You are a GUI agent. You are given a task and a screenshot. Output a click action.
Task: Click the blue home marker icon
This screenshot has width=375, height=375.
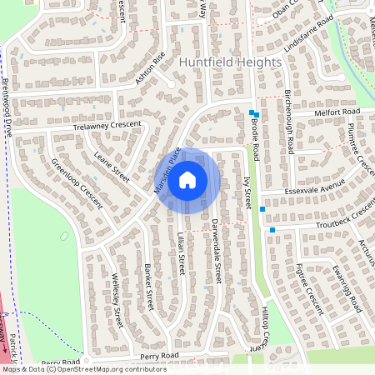(187, 179)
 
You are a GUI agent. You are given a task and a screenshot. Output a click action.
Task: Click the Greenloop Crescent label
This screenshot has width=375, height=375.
(77, 183)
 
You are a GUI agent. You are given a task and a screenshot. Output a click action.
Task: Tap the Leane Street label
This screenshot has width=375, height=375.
(112, 164)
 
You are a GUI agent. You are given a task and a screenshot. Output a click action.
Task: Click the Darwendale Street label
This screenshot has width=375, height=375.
(213, 248)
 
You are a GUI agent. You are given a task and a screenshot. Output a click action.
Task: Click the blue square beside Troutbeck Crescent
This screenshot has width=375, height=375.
(272, 229)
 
